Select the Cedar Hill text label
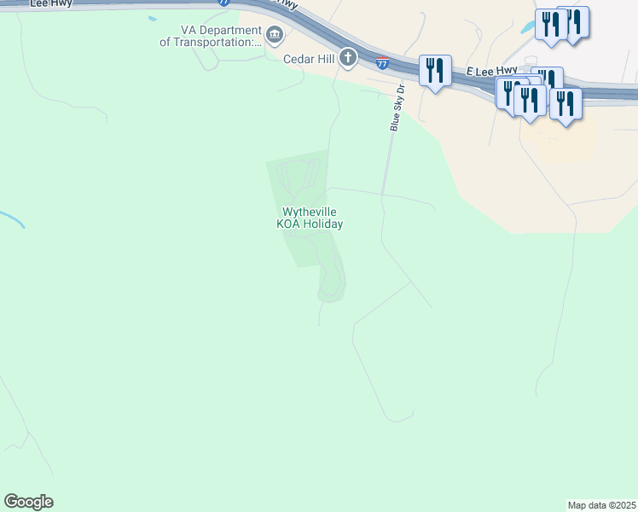tap(310, 59)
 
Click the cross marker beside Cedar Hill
tap(347, 58)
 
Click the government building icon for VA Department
tap(275, 35)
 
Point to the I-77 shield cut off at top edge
tap(223, 3)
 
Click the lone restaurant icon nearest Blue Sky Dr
tap(436, 72)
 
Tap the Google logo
tap(28, 502)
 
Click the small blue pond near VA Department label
tap(152, 18)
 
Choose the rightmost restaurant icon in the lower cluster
tap(565, 104)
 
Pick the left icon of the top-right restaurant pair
tap(551, 25)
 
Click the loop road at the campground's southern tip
tap(330, 286)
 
